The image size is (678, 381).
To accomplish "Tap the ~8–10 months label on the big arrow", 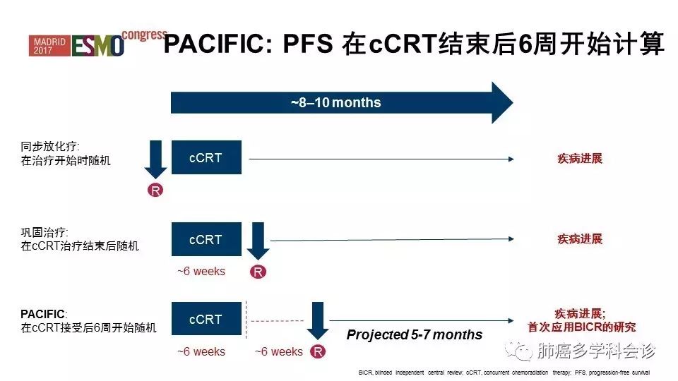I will coord(335,103).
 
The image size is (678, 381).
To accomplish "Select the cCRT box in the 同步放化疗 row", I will coord(206,157).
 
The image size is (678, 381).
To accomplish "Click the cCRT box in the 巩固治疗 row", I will coord(206,239).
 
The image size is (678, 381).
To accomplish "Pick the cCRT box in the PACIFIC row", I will coord(206,319).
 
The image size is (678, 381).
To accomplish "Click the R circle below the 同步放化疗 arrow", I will coord(155,190).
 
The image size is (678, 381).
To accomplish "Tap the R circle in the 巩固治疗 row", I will coord(258,272).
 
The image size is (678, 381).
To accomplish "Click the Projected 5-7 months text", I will coord(414,334).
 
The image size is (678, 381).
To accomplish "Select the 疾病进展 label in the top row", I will coord(580,159).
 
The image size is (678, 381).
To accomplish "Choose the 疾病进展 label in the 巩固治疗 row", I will coord(580,239).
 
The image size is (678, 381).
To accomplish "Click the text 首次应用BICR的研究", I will coord(581,327).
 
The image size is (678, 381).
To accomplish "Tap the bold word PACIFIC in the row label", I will coord(42,313).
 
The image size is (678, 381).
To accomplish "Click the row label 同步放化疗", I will coord(49,147).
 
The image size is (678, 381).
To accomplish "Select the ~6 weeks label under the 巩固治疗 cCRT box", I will coord(201,271).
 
